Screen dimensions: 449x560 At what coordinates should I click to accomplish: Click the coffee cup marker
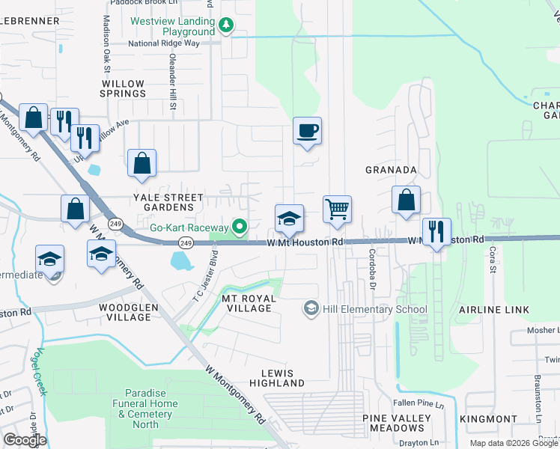tap(307, 132)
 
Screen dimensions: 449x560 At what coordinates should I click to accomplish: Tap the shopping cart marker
tap(338, 209)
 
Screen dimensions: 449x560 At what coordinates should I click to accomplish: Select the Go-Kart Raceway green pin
tap(240, 226)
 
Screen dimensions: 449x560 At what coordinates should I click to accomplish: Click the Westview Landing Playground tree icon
tap(225, 25)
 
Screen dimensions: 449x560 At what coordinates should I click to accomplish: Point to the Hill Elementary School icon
tap(311, 308)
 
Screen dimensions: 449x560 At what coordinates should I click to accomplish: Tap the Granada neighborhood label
tap(390, 170)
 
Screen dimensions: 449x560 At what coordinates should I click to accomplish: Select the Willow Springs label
tap(123, 88)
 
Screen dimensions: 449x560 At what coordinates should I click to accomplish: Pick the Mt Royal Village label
tap(249, 303)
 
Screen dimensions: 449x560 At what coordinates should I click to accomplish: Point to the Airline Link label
tap(494, 309)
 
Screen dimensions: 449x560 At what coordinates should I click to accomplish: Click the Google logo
tap(25, 439)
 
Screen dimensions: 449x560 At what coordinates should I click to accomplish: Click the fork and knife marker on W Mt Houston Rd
tap(436, 231)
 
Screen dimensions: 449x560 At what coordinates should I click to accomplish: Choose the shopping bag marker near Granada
tap(405, 201)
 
